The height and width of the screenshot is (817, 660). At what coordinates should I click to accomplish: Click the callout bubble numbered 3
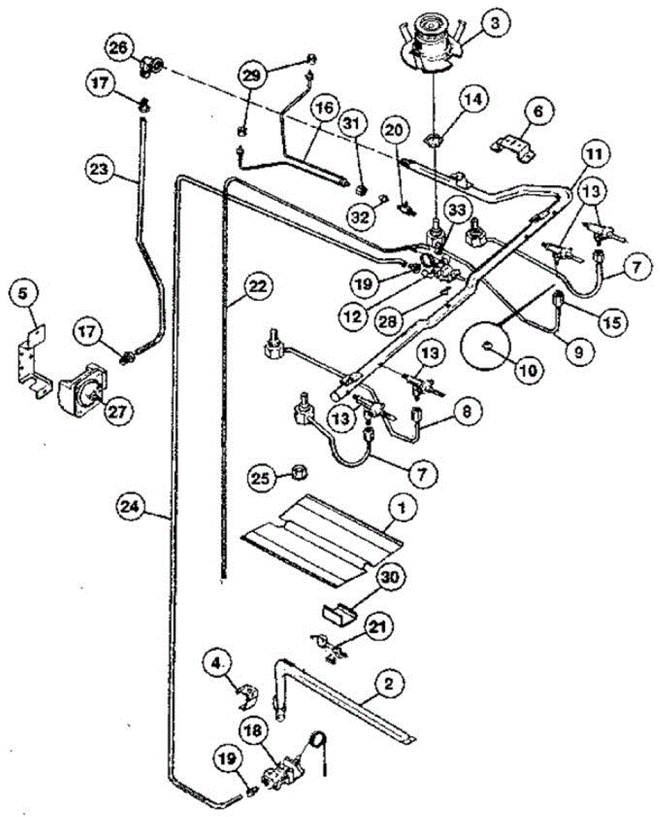tap(495, 23)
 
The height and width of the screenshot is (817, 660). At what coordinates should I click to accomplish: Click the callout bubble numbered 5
tap(24, 295)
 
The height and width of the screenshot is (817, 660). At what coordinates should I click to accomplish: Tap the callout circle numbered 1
tap(401, 507)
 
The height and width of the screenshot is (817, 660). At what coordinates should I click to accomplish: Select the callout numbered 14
tap(474, 100)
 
